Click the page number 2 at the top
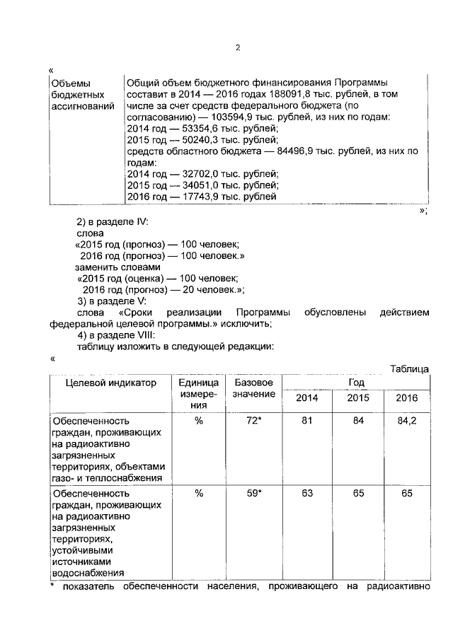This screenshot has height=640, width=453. pos(239,47)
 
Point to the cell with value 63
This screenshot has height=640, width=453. pos(307,493)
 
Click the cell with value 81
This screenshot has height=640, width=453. pos(307,421)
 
